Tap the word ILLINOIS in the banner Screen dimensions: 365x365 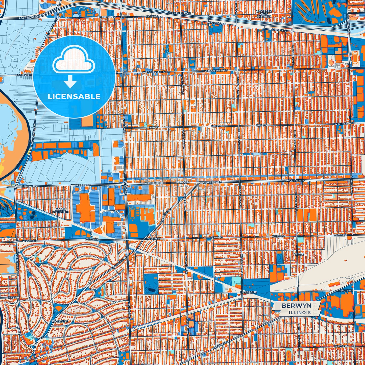300,312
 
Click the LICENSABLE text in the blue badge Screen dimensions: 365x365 74,96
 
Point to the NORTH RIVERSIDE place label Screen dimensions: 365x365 60,211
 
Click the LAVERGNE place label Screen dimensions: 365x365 249,292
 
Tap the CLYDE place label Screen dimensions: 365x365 299,254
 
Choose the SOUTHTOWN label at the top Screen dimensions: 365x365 180,13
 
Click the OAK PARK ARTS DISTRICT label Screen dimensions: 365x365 264,14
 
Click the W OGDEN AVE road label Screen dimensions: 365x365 220,346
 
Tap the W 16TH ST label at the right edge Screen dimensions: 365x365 341,124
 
